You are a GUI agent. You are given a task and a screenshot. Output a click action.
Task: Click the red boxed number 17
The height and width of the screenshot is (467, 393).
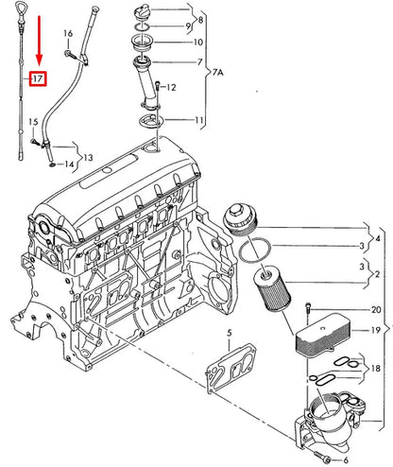click(38, 78)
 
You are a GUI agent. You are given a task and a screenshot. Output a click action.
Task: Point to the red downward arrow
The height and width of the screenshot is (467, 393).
click(39, 41)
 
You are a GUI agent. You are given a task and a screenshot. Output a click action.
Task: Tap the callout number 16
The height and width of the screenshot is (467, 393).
click(68, 33)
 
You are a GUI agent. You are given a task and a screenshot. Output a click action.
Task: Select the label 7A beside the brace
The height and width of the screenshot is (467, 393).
click(217, 73)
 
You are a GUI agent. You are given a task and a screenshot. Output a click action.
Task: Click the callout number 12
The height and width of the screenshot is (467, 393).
click(171, 87)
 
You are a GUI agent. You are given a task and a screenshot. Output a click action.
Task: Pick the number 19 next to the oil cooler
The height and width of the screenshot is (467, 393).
click(376, 330)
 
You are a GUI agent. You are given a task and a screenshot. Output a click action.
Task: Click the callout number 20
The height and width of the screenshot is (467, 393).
click(376, 310)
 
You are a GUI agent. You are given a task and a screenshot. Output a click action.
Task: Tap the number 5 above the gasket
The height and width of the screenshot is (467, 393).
click(229, 333)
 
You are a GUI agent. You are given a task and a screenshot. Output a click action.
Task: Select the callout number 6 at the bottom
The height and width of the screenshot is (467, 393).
click(346, 459)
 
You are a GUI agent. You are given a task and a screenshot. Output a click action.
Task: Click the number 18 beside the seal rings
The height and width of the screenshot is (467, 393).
click(376, 368)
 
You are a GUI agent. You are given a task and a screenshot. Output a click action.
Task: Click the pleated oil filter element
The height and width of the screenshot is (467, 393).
click(272, 287)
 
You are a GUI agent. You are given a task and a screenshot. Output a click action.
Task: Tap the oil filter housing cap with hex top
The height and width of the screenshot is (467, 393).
click(240, 219)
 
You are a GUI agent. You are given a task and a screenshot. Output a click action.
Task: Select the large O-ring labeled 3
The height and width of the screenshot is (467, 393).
click(255, 250)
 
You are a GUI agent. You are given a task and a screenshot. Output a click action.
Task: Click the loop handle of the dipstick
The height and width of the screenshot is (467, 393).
click(20, 9)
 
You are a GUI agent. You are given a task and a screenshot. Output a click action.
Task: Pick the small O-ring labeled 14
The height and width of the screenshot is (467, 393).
click(52, 164)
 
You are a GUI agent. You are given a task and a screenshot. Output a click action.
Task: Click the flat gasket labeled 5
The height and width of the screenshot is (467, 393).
click(231, 368)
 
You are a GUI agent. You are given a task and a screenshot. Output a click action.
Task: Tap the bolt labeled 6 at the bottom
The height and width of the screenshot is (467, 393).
click(322, 455)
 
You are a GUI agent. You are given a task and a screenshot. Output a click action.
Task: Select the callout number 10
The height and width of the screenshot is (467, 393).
click(197, 43)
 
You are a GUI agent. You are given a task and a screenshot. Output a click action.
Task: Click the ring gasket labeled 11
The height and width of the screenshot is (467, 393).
click(151, 122)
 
